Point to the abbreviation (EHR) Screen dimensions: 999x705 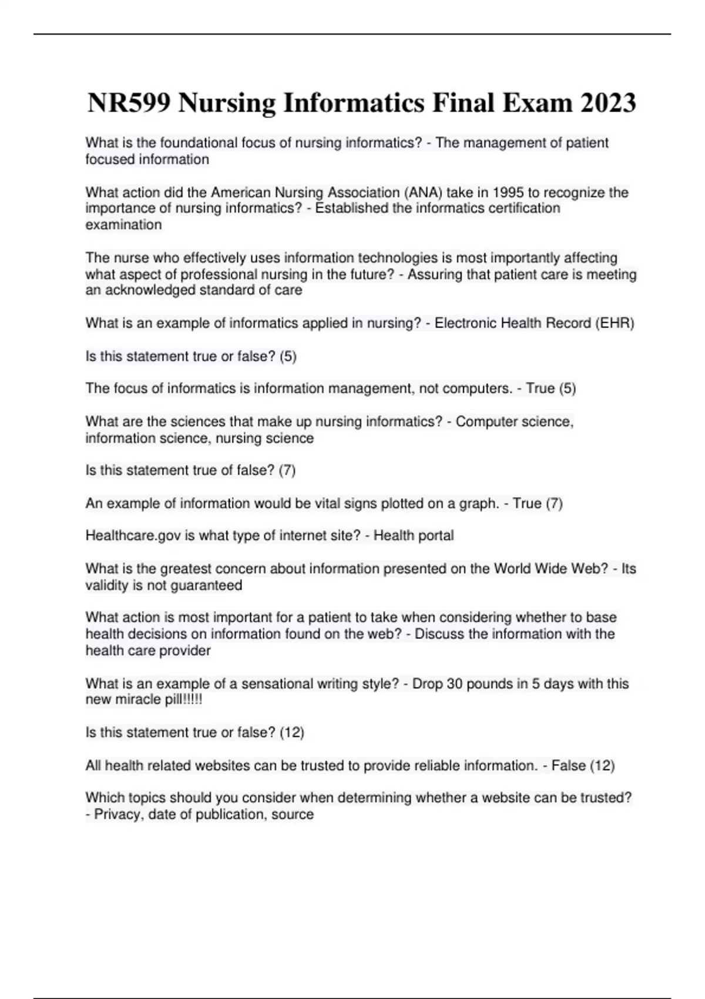coord(615,323)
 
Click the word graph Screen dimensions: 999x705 coord(482,504)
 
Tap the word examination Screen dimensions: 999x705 coord(123,224)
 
